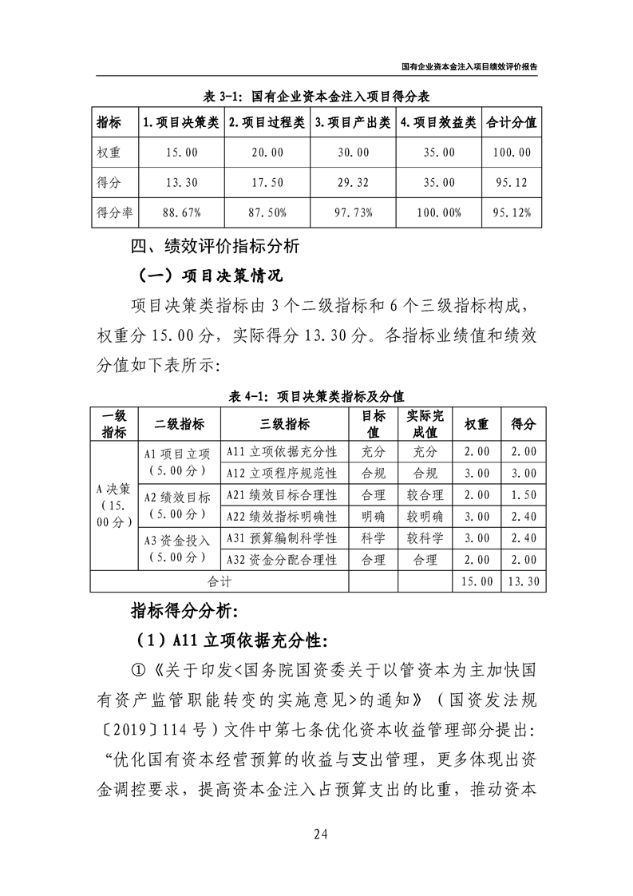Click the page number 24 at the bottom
point(320,836)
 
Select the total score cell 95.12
point(511,182)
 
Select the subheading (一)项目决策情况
point(210,276)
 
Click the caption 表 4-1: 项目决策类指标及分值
point(318,395)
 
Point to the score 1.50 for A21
point(523,495)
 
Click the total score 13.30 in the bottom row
point(523,581)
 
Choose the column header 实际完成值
point(425,424)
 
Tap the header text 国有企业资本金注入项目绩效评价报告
point(469,69)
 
